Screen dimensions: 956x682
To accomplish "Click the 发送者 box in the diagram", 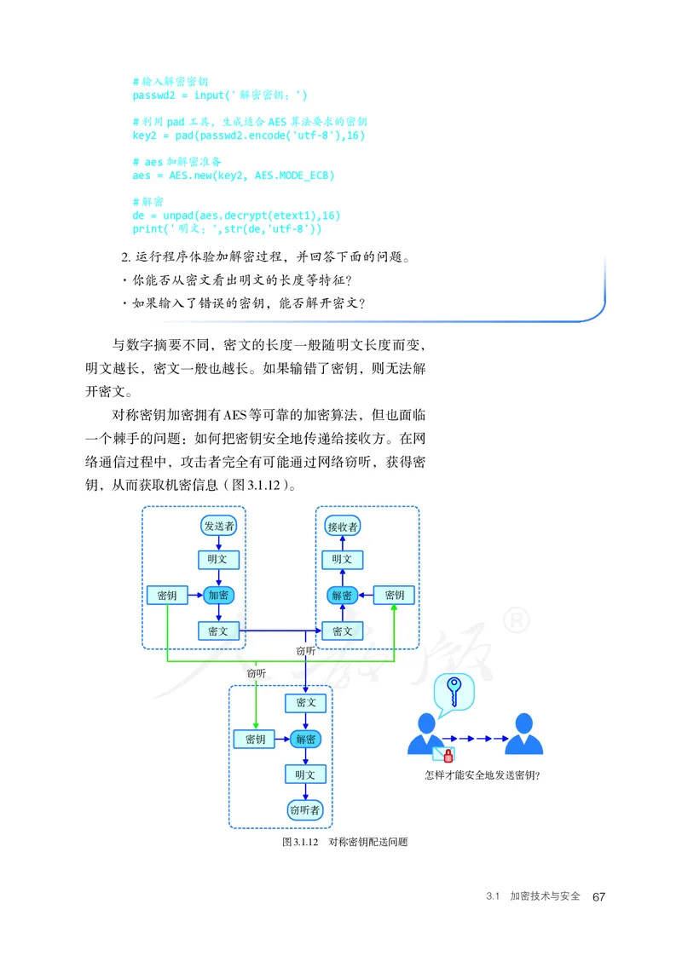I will (x=219, y=526).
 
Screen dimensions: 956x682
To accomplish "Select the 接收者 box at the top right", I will (x=343, y=527).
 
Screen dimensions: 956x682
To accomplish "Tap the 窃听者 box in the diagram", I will (x=305, y=810).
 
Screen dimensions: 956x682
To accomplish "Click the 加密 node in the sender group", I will (x=219, y=595).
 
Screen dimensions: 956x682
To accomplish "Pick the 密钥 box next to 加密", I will (x=167, y=595).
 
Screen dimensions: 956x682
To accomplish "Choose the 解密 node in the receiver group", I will (x=342, y=595).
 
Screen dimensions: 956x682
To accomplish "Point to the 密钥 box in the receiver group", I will (x=395, y=595).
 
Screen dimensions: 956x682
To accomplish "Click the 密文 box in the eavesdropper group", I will (x=305, y=703).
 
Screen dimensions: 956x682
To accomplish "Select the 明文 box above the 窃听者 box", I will (x=305, y=775).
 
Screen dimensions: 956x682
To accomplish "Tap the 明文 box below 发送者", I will (x=219, y=560).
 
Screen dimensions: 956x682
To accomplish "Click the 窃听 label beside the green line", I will (x=256, y=673).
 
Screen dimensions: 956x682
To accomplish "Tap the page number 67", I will (x=598, y=897).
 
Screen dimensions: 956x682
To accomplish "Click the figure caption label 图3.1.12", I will (x=299, y=842).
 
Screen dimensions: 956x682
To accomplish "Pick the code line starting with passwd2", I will (x=220, y=95).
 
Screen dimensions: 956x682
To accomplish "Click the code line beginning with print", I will (x=227, y=228).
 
